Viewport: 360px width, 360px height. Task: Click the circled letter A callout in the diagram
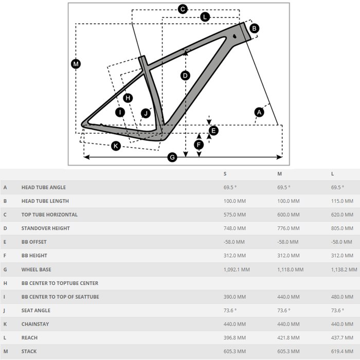259,112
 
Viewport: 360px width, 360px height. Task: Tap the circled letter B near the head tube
255,28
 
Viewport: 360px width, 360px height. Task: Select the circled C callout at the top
183,9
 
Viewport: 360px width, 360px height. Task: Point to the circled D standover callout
186,76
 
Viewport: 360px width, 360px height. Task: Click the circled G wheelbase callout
173,157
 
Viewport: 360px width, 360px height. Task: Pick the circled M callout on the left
76,64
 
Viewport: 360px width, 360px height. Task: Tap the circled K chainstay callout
116,146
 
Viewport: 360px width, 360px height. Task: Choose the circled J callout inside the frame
146,113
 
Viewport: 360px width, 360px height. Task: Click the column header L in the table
333,174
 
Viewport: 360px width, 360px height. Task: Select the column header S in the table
225,174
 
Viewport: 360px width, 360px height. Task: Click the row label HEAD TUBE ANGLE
44,188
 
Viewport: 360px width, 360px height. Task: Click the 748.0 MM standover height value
235,228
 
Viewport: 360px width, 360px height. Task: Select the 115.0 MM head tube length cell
342,201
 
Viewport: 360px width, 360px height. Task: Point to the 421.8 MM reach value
289,338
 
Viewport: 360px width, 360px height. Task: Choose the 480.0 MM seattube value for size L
342,297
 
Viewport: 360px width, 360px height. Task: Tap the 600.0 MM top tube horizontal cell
289,214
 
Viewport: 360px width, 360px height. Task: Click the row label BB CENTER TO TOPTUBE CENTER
60,283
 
